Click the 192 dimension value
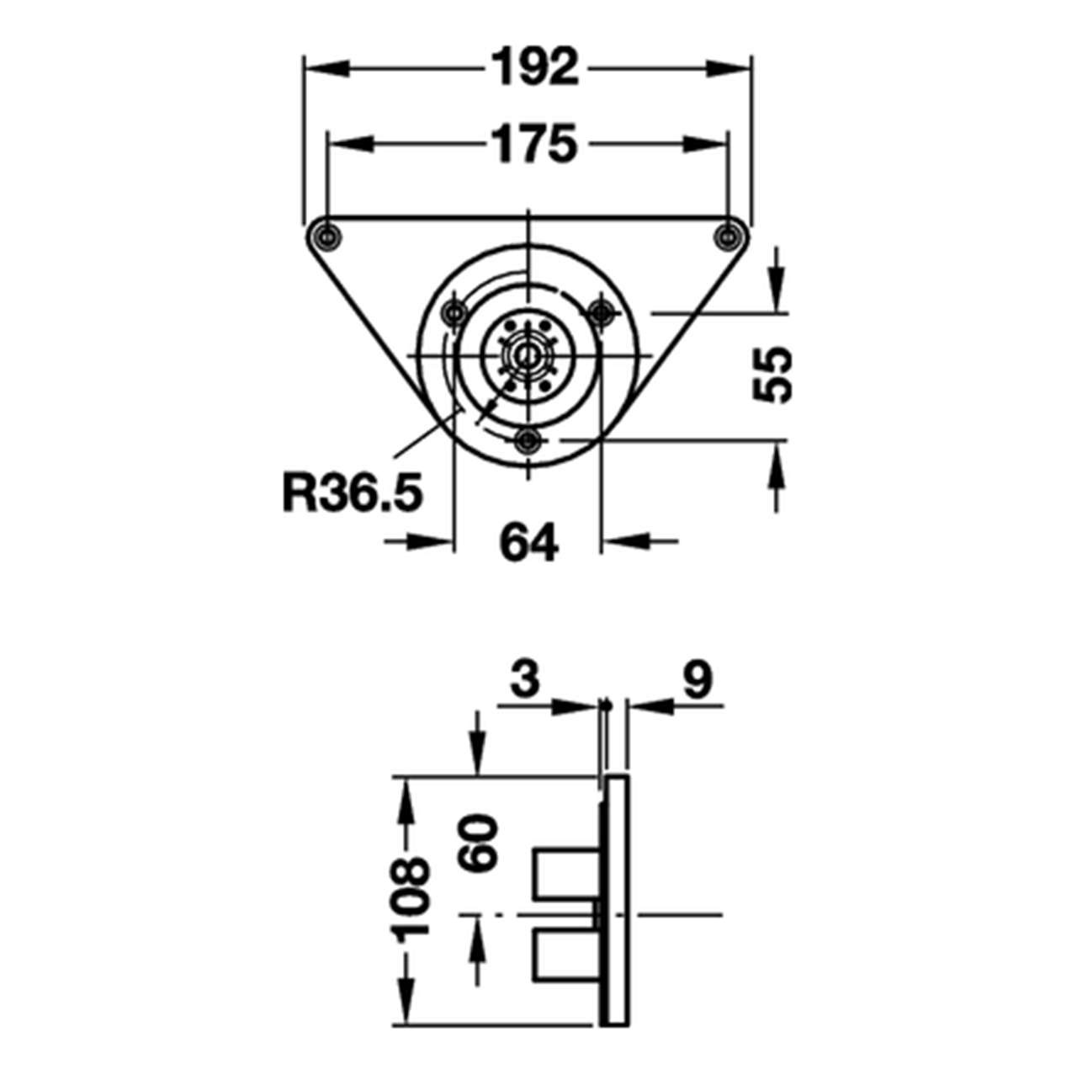point(536,67)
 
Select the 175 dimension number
point(535,144)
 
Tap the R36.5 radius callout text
point(352,493)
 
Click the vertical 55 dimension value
point(772,375)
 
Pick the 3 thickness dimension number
point(524,680)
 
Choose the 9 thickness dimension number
point(698,680)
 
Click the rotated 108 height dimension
point(410,897)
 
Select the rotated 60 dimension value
point(478,842)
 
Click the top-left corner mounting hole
point(326,237)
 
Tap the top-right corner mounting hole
point(728,237)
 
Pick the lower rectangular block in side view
point(567,955)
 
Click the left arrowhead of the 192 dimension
point(325,68)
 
